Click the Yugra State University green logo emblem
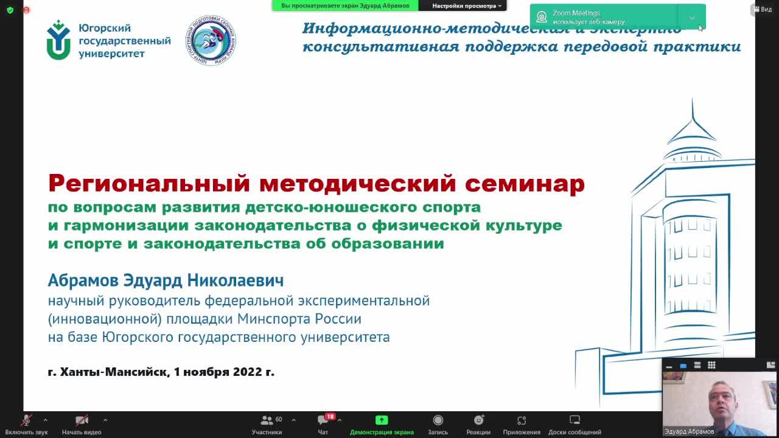(x=58, y=40)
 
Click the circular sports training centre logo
(x=211, y=41)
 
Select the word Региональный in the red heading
(x=149, y=183)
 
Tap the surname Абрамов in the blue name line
(x=83, y=280)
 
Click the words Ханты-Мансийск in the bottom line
(x=114, y=372)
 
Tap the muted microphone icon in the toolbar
(x=26, y=420)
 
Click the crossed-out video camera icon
(x=82, y=420)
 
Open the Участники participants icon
(x=267, y=420)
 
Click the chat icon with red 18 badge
(x=323, y=420)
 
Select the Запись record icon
(x=438, y=420)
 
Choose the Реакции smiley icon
(x=478, y=420)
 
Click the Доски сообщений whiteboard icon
(x=575, y=420)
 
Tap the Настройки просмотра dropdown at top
(x=467, y=5)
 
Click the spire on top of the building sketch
(x=693, y=113)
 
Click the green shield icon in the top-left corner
(x=10, y=10)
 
